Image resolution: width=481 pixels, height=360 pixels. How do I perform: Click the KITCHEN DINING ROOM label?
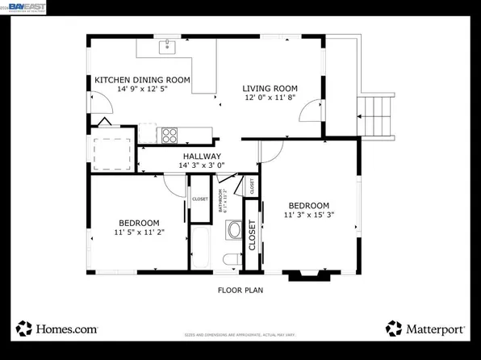click(x=142, y=80)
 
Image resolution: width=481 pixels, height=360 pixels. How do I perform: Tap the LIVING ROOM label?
click(x=270, y=89)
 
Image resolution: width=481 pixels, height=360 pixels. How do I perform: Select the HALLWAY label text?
click(x=201, y=157)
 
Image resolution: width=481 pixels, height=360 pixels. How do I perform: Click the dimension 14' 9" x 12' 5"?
click(x=142, y=90)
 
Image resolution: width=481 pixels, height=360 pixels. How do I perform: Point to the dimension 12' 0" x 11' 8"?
click(x=270, y=98)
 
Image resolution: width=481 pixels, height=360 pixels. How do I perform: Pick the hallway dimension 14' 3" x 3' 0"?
click(x=201, y=165)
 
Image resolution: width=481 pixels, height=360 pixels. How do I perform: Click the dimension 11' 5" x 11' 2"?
click(x=139, y=232)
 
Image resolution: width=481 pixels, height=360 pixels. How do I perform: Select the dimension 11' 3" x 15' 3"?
click(x=308, y=215)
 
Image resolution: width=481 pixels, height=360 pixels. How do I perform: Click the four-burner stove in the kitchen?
click(x=169, y=134)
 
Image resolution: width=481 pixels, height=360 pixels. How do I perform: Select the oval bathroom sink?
click(x=235, y=230)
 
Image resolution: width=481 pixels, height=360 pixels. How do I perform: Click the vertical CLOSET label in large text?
click(x=252, y=236)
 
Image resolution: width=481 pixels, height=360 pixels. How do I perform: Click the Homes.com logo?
click(x=56, y=329)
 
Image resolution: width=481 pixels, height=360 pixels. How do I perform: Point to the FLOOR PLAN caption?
click(x=240, y=290)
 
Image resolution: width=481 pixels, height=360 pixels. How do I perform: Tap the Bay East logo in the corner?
click(x=24, y=7)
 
